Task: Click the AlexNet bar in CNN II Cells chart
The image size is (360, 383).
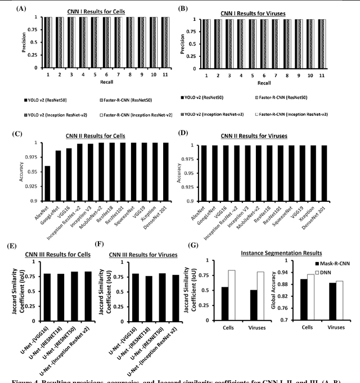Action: (x=47, y=183)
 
